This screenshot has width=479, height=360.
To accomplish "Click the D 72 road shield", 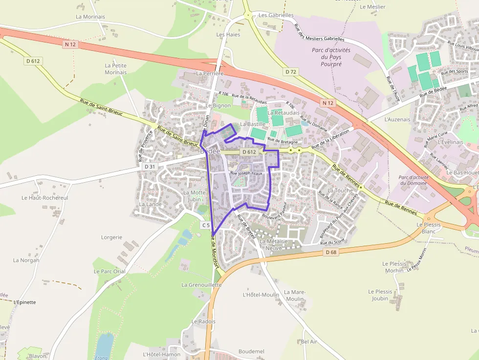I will point(291,72).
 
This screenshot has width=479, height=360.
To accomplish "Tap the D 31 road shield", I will point(150,167).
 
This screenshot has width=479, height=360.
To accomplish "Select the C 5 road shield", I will point(206,225).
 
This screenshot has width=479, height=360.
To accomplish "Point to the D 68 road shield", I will point(331,252).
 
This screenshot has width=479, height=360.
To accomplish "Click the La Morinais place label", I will point(90,17).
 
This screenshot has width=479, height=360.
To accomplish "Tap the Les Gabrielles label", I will point(276,15).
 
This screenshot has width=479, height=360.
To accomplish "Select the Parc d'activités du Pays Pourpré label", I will point(331,57).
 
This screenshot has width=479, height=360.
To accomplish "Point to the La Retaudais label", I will point(283,113).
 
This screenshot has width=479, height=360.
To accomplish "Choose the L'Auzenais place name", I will point(397,119).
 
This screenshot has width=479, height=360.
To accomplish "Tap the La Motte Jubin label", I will point(195,196).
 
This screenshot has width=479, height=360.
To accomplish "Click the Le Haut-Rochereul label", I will point(45,198).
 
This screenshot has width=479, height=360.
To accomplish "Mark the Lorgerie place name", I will point(111,237).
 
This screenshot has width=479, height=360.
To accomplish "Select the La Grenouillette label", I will point(201,285).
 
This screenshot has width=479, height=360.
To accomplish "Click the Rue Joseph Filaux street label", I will point(246,173).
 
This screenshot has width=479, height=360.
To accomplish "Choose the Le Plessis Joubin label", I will point(380,295).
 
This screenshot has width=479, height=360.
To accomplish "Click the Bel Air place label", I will point(309,342).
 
